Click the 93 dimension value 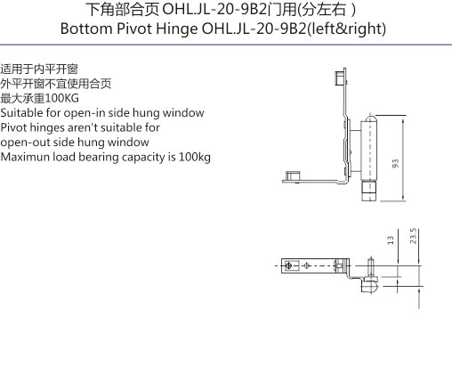pyautogui.click(x=395, y=164)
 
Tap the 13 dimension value pyautogui.click(x=391, y=240)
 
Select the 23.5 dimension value pyautogui.click(x=414, y=236)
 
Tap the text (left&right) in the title pyautogui.click(x=346, y=29)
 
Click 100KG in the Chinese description pyautogui.click(x=62, y=98)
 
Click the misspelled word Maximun pyautogui.click(x=25, y=157)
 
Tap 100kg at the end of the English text pyautogui.click(x=195, y=158)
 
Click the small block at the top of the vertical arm pyautogui.click(x=340, y=77)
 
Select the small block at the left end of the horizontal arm pyautogui.click(x=293, y=175)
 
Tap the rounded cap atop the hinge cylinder pyautogui.click(x=370, y=118)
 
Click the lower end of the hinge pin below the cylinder pyautogui.click(x=369, y=192)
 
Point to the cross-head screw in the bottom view pyautogui.click(x=287, y=265)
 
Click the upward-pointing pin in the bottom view pyautogui.click(x=370, y=266)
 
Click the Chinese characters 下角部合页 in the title pyautogui.click(x=123, y=10)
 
